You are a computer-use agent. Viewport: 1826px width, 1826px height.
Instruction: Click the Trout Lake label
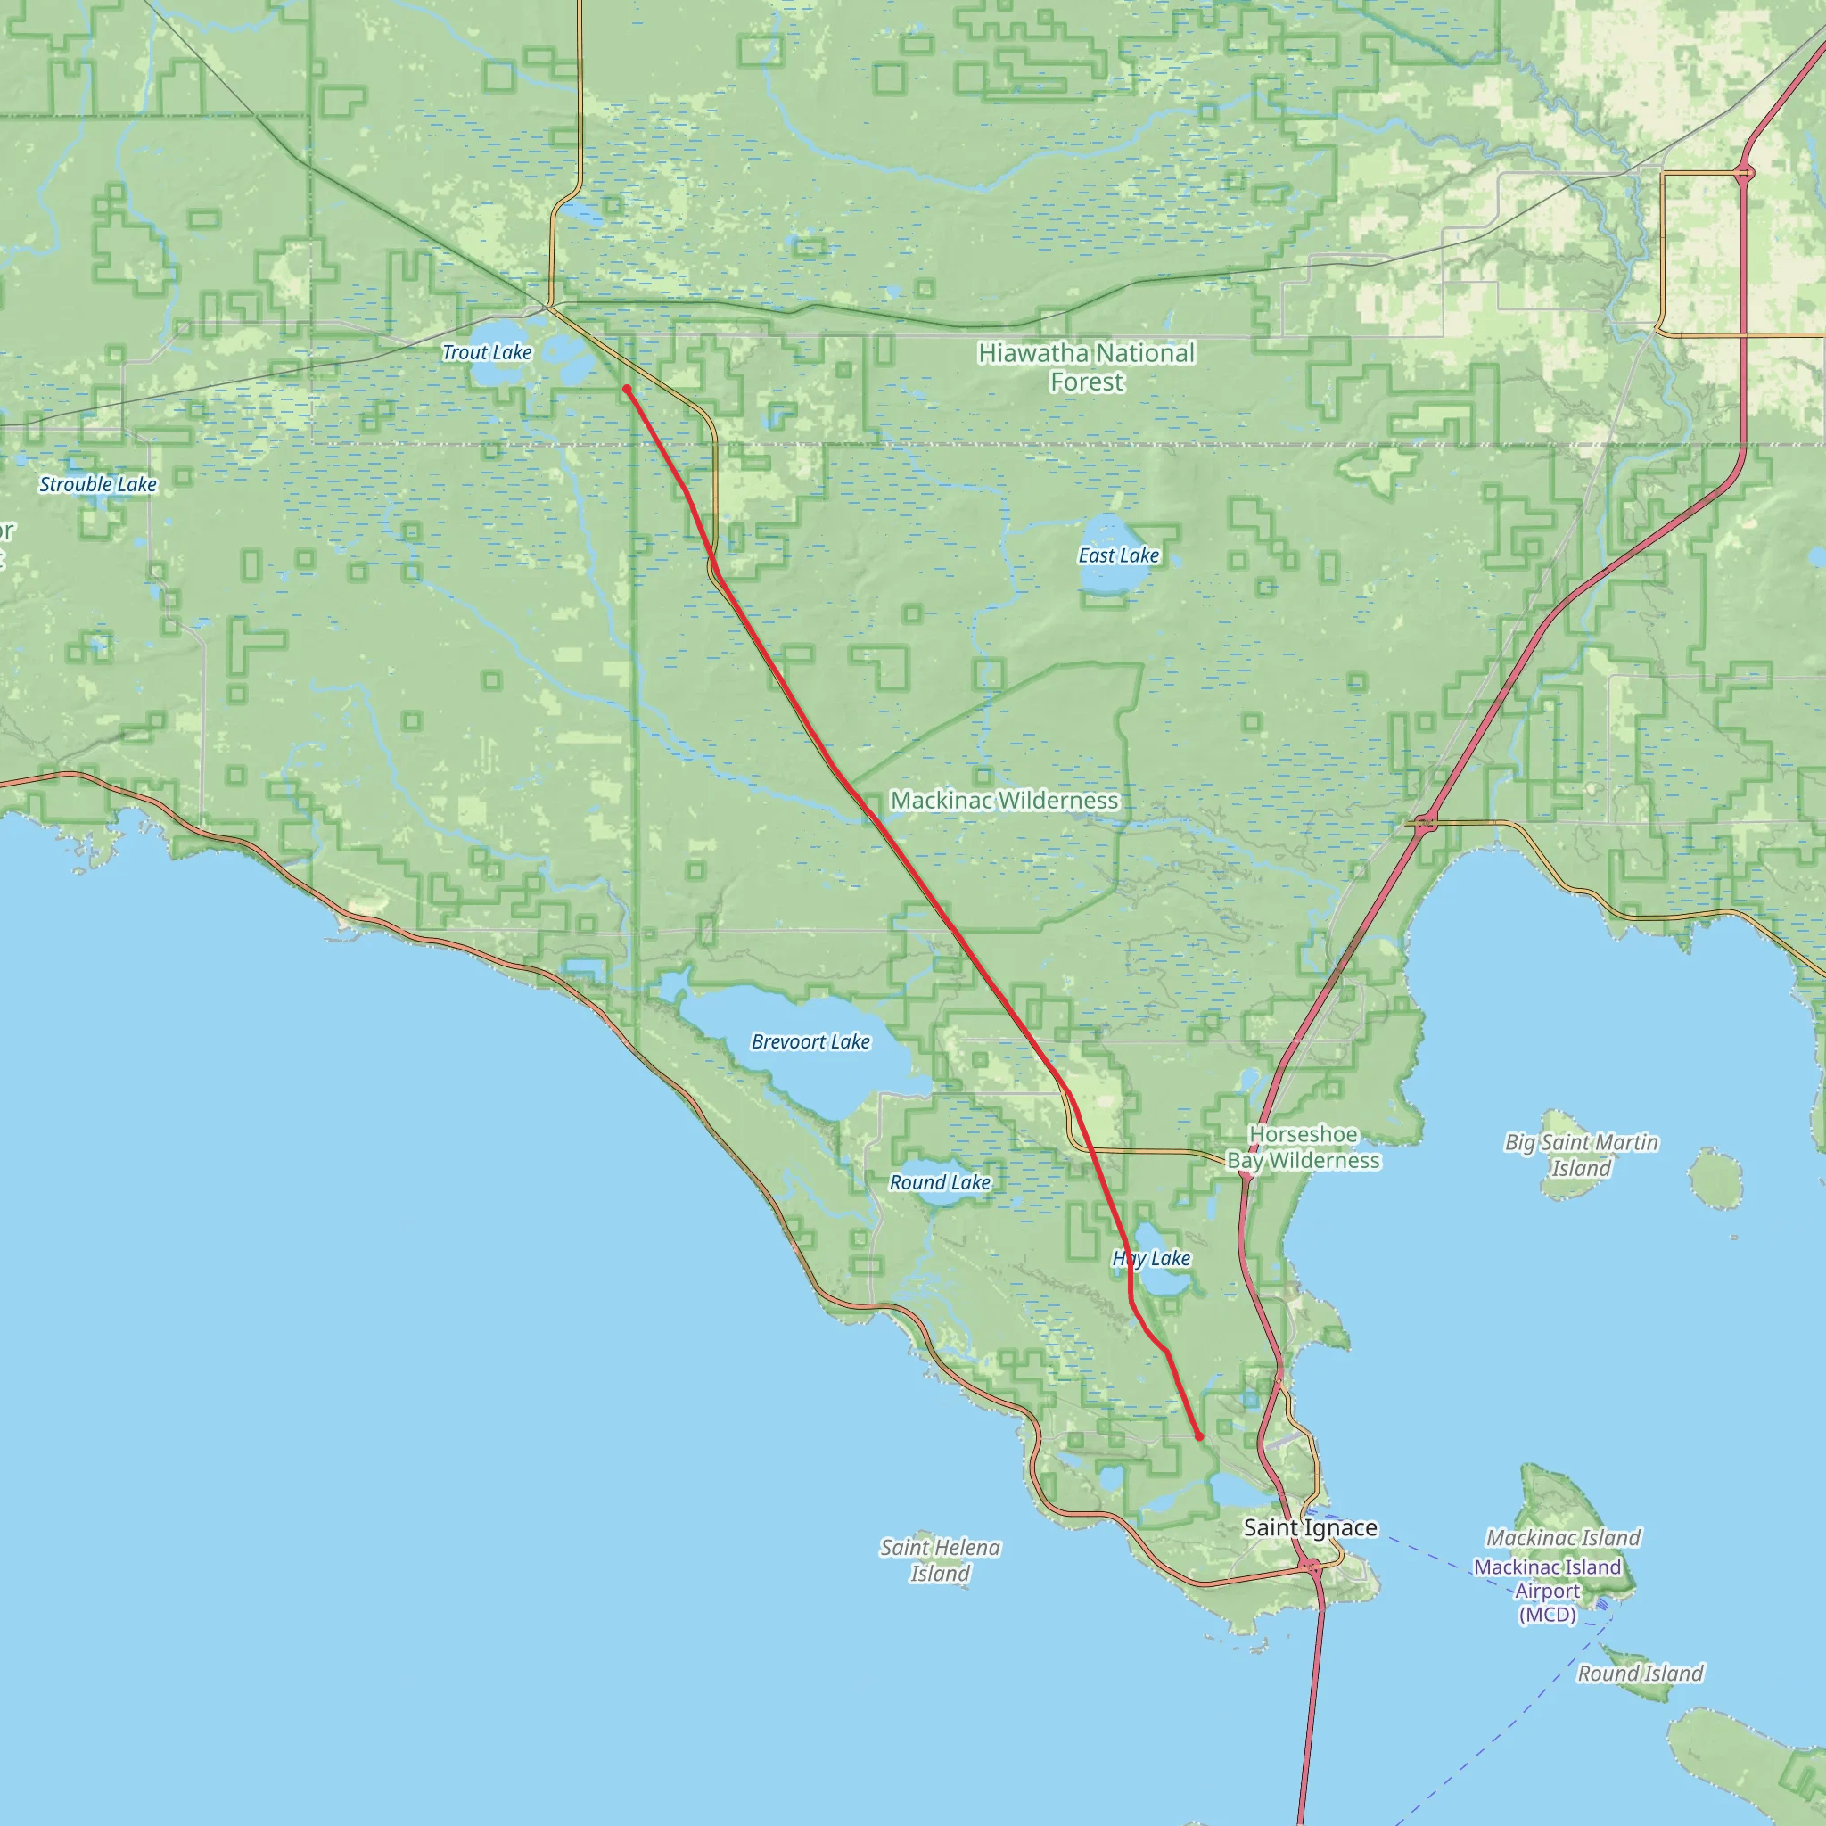point(487,352)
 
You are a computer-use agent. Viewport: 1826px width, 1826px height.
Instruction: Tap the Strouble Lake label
point(97,485)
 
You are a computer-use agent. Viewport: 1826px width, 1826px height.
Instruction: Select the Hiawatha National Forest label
point(1086,366)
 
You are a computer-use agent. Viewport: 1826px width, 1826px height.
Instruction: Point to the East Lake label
point(1118,555)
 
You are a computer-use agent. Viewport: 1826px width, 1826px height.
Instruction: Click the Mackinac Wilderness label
point(1004,801)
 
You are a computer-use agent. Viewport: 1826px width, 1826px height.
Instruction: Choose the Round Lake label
point(940,1182)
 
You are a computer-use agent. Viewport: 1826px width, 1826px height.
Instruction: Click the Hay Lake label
point(1150,1258)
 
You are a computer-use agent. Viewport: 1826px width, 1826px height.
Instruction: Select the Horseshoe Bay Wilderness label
point(1304,1147)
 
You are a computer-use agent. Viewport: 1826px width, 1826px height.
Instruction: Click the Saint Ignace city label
point(1310,1527)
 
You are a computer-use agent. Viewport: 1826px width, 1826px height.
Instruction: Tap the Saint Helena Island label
point(940,1560)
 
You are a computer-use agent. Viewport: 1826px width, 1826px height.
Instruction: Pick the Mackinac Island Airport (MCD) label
point(1547,1591)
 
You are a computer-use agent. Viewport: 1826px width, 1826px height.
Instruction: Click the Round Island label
point(1640,1673)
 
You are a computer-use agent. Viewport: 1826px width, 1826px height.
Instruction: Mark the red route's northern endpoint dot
point(627,390)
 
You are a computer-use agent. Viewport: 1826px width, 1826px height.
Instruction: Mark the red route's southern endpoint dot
point(1199,1436)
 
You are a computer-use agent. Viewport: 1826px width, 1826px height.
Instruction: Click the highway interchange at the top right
point(1745,173)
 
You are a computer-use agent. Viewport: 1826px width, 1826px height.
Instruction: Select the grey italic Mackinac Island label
point(1563,1538)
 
